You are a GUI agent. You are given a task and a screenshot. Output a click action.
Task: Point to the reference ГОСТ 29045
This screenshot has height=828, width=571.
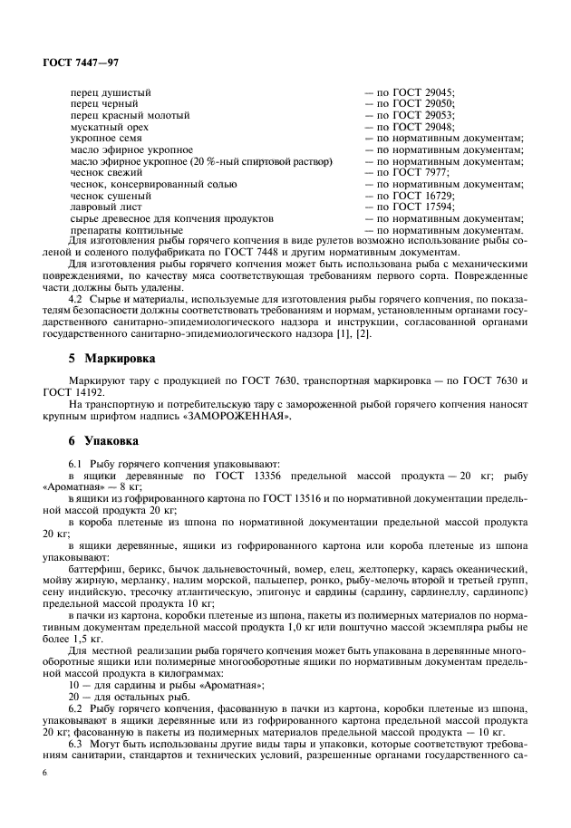(421, 92)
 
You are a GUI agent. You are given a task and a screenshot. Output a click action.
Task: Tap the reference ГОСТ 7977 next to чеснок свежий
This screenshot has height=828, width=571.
(419, 172)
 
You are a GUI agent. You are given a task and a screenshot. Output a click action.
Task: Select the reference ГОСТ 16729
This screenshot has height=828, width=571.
(421, 195)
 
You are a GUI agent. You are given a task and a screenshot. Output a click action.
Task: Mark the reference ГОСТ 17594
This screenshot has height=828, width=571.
(421, 207)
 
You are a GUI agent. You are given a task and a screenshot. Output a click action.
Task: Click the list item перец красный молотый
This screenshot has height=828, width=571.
(130, 115)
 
